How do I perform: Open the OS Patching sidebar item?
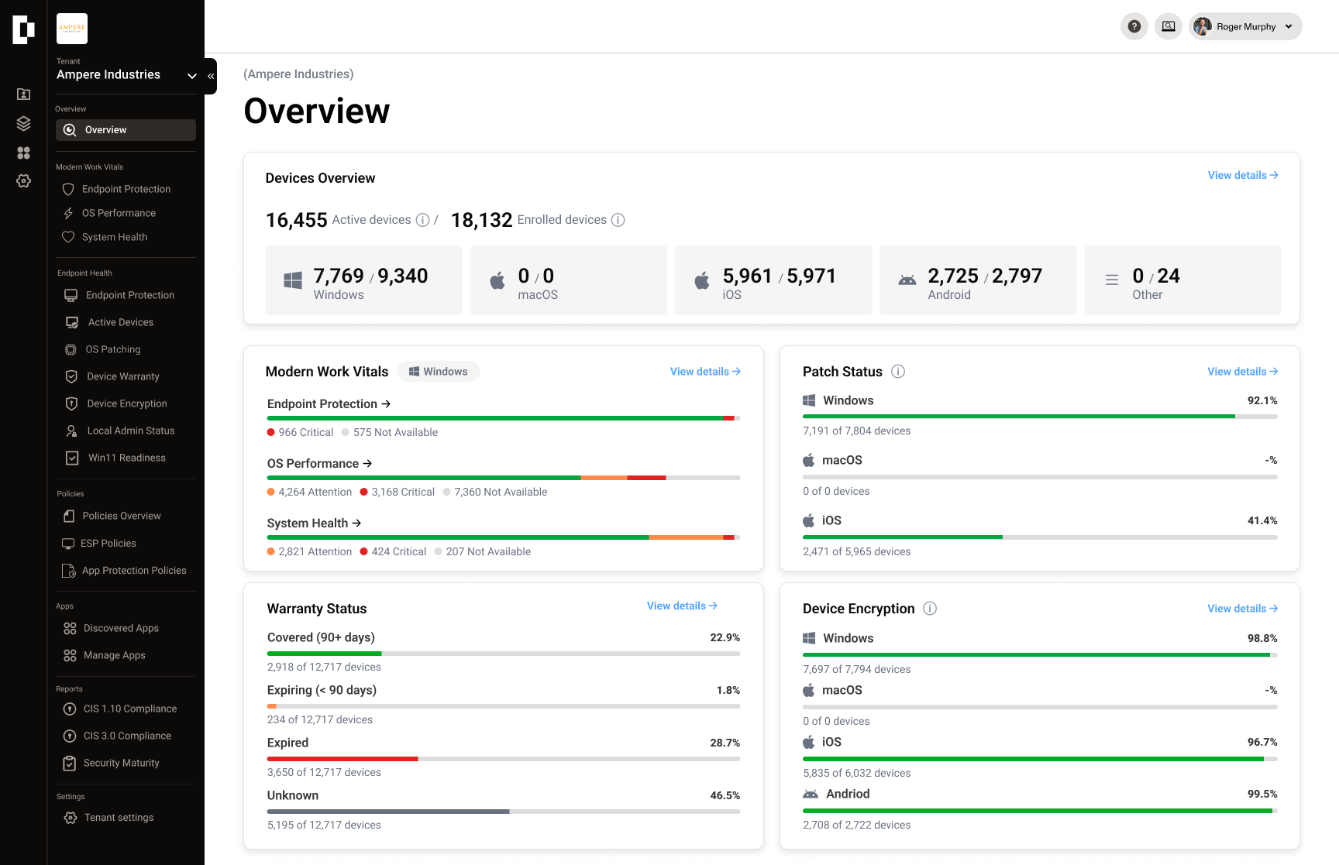(112, 349)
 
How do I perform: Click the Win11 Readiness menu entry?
(126, 458)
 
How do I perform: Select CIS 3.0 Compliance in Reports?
(127, 736)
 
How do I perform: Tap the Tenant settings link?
(119, 818)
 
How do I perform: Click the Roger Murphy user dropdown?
(1245, 26)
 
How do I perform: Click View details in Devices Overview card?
(1242, 176)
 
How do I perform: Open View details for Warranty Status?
(682, 606)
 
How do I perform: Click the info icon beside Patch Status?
(898, 372)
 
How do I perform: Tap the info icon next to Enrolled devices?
(618, 220)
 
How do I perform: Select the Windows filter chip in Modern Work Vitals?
(439, 372)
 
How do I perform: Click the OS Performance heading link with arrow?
(319, 464)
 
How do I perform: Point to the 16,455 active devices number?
(297, 221)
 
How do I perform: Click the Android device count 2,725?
(953, 276)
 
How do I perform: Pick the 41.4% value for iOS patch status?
(1262, 521)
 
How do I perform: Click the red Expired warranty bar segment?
(342, 759)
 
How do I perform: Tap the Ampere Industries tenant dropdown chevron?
(192, 75)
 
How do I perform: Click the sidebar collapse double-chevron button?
(211, 76)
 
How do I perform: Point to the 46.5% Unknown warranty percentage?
(725, 796)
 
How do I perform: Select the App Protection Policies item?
(133, 571)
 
